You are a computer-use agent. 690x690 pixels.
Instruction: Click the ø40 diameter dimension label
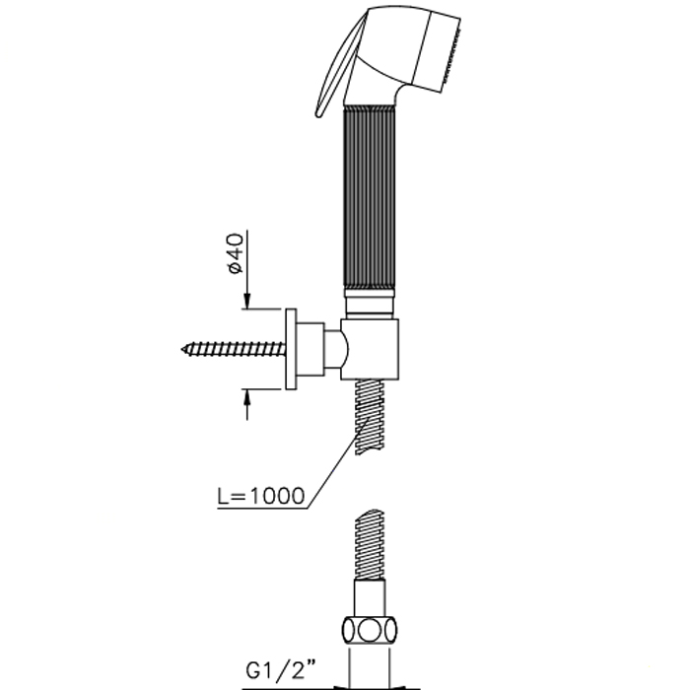pos(236,253)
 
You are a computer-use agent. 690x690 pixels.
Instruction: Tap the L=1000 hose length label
pos(261,496)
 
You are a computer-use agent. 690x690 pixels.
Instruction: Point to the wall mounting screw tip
pos(182,349)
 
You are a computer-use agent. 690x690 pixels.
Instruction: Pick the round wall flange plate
pos(291,349)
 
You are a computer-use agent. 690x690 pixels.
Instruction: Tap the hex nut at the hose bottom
pos(370,632)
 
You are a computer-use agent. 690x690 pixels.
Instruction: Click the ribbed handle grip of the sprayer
pos(370,197)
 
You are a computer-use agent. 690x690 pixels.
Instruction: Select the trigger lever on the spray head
pos(340,66)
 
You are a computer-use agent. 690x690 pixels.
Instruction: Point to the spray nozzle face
pos(450,55)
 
